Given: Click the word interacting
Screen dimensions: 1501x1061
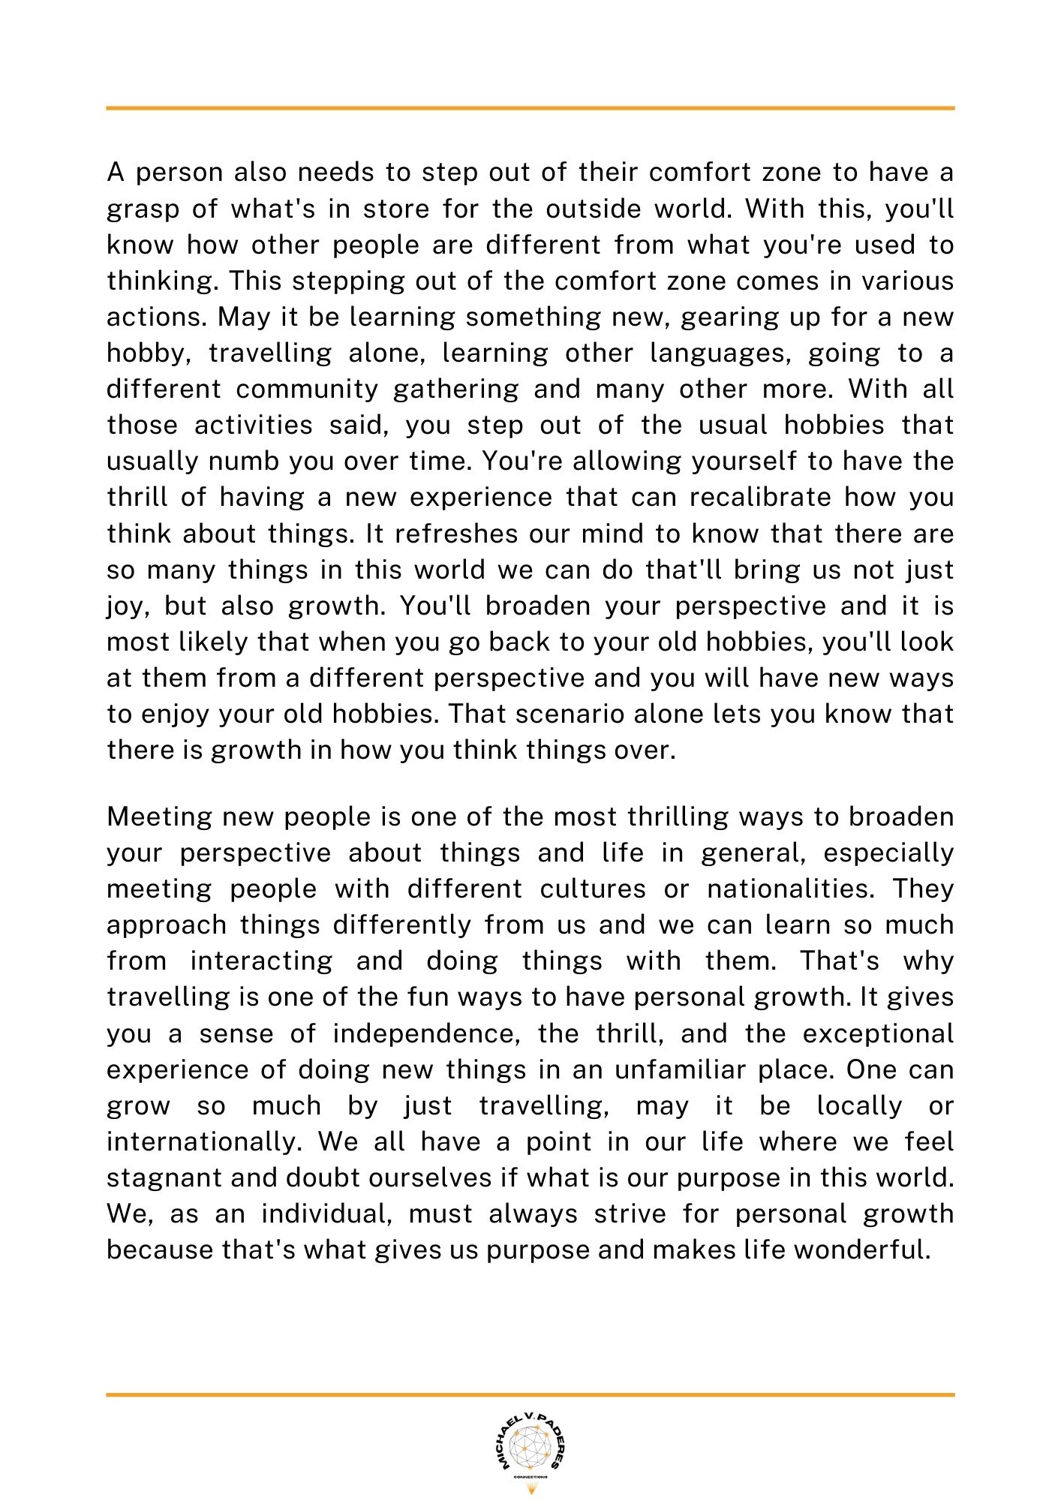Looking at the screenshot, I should click(x=261, y=961).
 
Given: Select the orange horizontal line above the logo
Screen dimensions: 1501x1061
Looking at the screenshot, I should click(x=530, y=1394).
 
